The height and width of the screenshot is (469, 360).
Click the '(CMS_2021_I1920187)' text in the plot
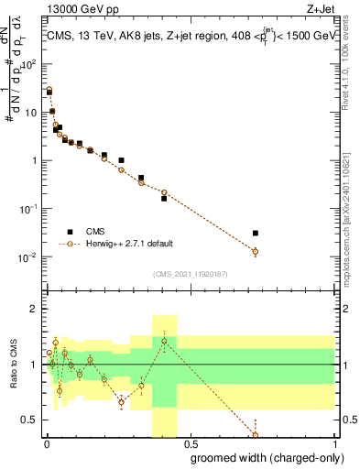[x=190, y=273]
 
